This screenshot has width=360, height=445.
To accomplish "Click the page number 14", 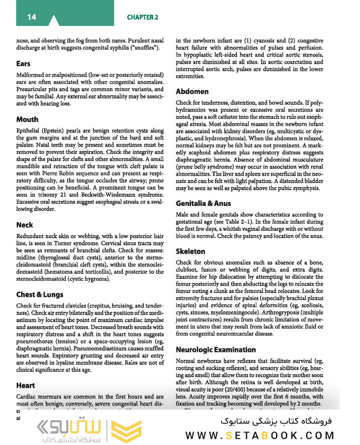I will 32,17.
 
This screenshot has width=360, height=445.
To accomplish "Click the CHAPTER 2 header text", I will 142,17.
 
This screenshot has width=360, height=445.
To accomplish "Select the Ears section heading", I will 24,64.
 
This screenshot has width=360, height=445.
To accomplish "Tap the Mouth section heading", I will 27,119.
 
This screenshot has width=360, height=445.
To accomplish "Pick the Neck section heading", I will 25,225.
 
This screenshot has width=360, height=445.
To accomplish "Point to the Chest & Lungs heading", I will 40,295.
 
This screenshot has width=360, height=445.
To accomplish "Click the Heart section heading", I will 26,386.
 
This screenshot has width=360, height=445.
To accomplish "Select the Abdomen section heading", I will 192,91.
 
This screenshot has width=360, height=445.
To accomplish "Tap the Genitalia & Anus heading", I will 203,204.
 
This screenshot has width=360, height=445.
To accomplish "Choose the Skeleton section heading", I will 191,251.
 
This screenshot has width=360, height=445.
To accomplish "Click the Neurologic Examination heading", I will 216,350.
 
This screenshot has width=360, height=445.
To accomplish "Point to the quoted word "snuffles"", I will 147,48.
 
